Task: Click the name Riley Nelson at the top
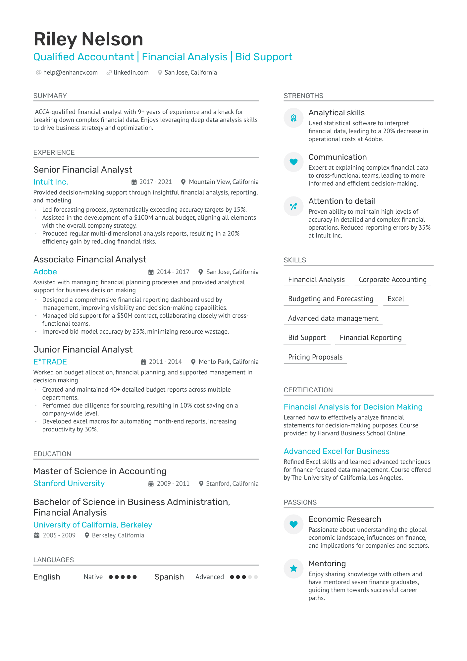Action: coord(88,39)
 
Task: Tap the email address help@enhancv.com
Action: coord(70,73)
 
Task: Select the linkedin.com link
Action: coord(131,73)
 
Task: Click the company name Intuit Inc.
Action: coord(51,182)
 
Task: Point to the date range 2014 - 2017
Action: coord(173,272)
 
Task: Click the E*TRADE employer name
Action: coord(50,362)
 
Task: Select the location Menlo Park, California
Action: coord(229,362)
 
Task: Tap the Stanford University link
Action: coord(69,483)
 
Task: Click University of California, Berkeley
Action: coord(93,525)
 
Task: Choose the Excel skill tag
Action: coord(396,299)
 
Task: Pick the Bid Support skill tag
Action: coord(307,338)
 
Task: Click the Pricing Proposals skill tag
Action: coord(315,357)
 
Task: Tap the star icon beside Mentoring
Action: coord(293,569)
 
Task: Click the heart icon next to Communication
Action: coord(293,162)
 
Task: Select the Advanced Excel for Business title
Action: coord(336,451)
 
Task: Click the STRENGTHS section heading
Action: coord(303,96)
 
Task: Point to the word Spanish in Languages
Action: coord(169,577)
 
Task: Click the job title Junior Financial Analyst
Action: coord(83,350)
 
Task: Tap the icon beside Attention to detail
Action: coord(293,206)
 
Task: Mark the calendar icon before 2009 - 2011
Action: coord(151,484)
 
